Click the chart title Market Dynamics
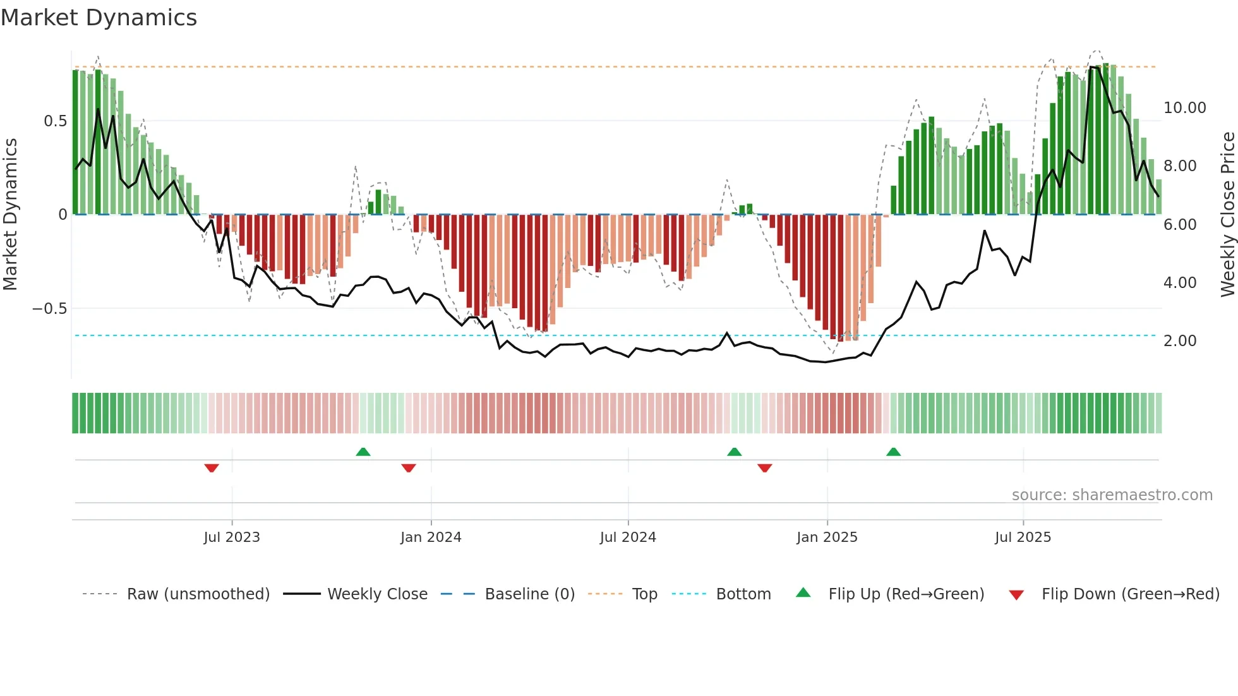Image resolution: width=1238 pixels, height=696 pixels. [x=99, y=18]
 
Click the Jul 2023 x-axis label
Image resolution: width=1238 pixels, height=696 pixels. [x=232, y=537]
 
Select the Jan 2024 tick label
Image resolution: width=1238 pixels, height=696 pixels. [x=431, y=537]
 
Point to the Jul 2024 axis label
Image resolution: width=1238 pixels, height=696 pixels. [x=628, y=537]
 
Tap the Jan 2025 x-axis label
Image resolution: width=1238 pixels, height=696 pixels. [x=827, y=537]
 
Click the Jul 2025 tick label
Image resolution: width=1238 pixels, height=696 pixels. [x=1023, y=537]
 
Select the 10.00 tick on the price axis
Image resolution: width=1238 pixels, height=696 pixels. [x=1184, y=108]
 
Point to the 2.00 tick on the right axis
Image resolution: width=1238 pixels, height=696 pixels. [x=1180, y=341]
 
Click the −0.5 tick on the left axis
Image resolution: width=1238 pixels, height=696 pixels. [x=49, y=309]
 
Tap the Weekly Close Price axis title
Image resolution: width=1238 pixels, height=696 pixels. [x=1227, y=214]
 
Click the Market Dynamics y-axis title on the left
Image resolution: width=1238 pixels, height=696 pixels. [x=10, y=214]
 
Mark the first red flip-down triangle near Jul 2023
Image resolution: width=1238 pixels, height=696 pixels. [x=212, y=468]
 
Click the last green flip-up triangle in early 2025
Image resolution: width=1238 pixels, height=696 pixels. [x=893, y=452]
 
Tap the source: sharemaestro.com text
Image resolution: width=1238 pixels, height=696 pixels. [x=1112, y=495]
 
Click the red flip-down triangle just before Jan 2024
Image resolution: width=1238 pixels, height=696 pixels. [x=409, y=468]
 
